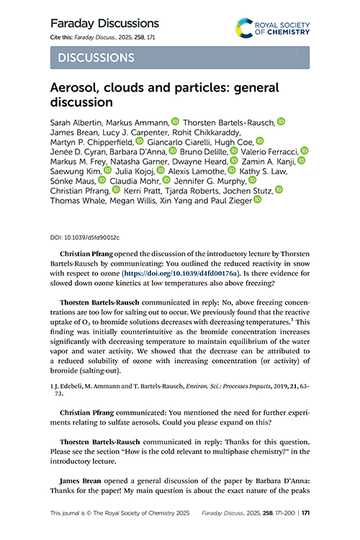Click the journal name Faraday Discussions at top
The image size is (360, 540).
[x=104, y=23]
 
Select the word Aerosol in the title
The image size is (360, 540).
[x=77, y=88]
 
